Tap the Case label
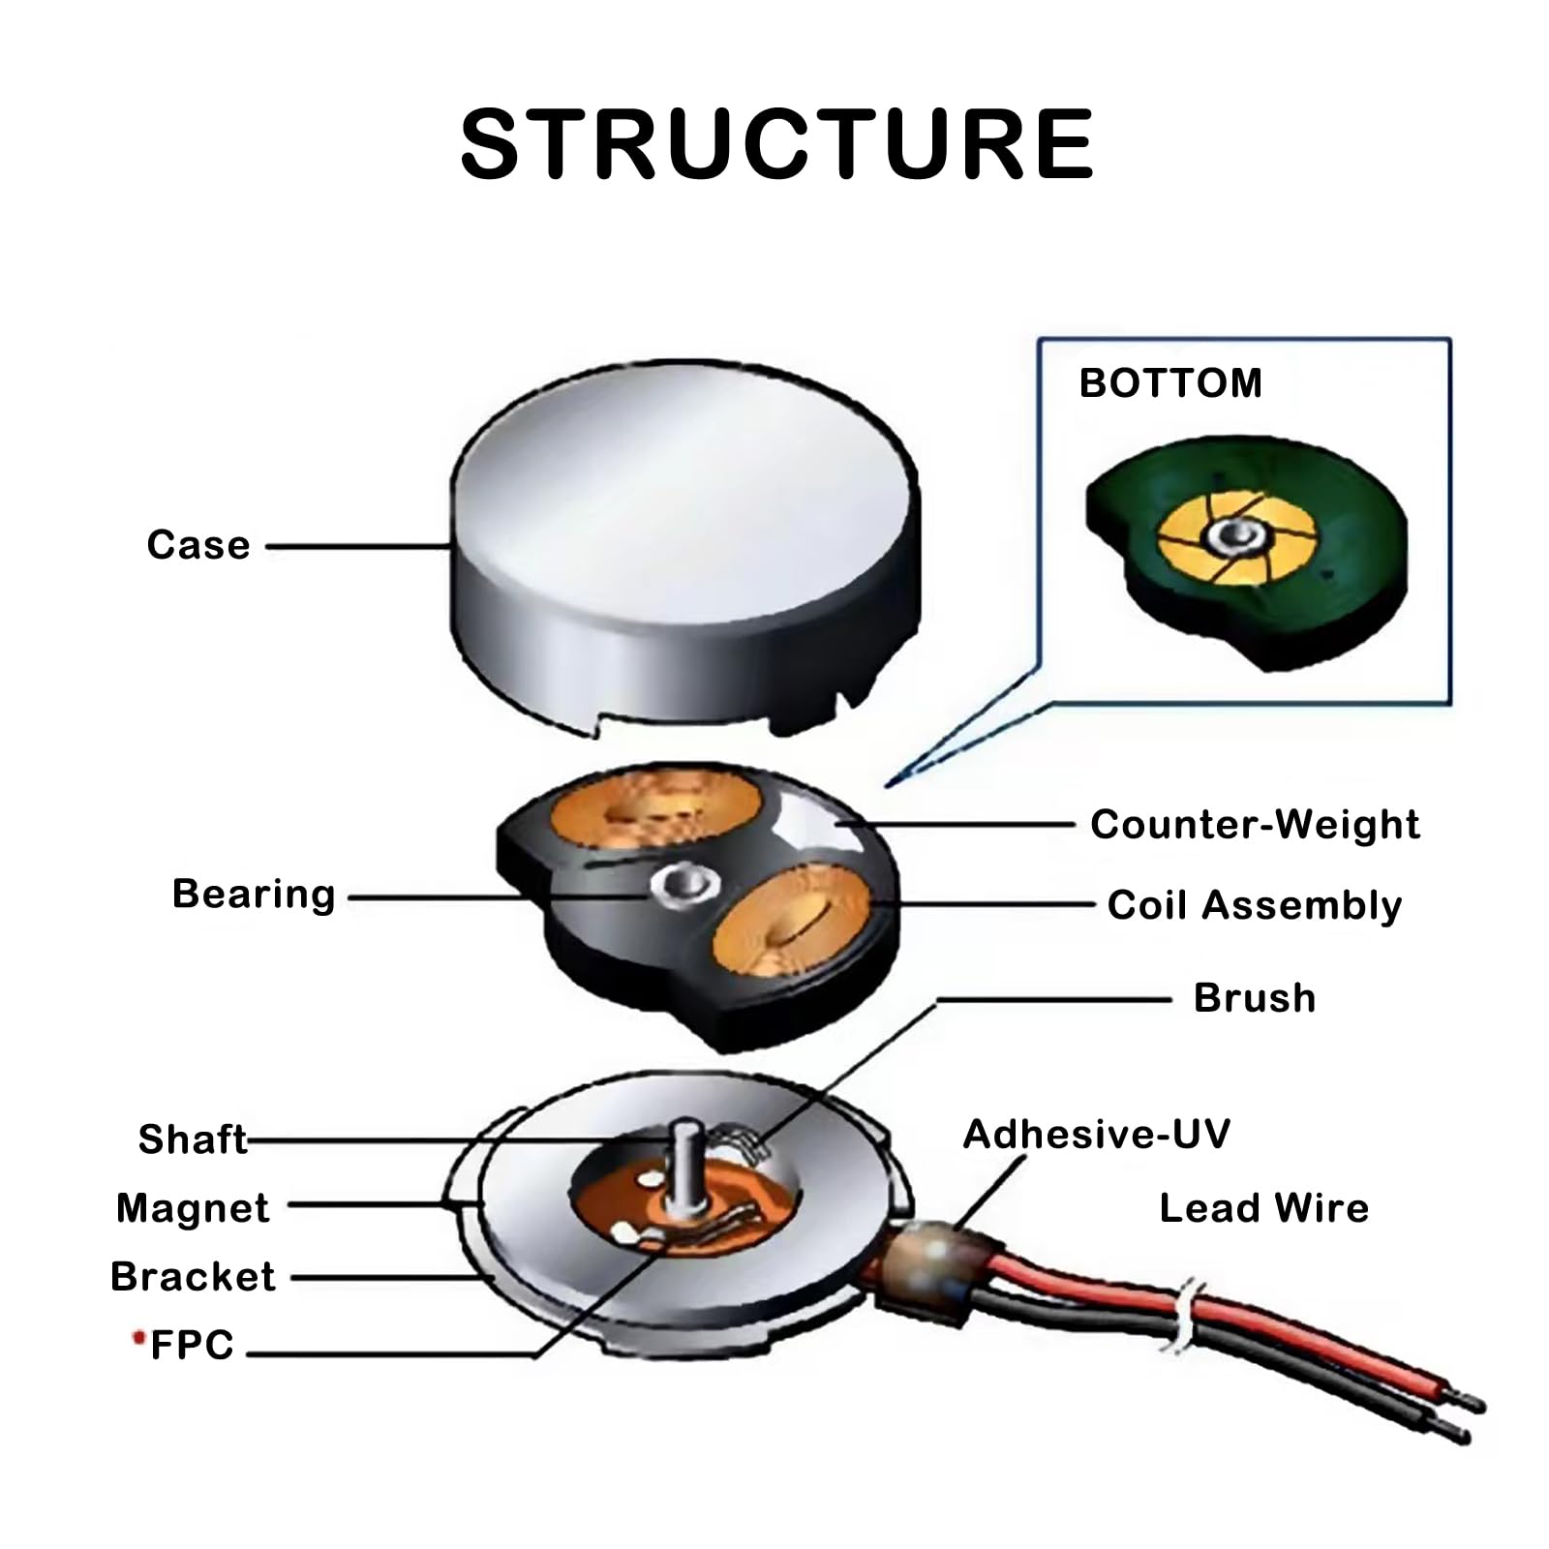198,545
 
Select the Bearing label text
254,896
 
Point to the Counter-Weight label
1255,824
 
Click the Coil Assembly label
1255,906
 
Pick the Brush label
1255,998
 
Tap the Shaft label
193,1139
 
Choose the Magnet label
193,1209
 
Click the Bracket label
193,1277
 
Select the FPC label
193,1345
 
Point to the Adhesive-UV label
1097,1135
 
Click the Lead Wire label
1264,1208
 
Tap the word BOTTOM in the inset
1170,383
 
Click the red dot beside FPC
137,1337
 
